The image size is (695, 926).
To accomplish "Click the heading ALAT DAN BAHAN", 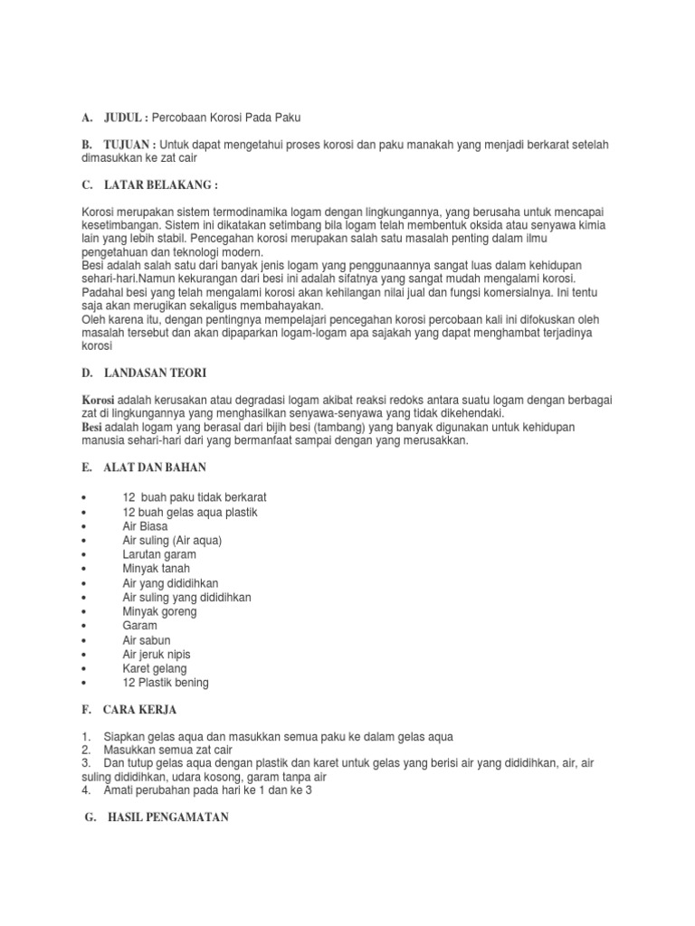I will (155, 468).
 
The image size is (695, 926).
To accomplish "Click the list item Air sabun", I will (147, 639).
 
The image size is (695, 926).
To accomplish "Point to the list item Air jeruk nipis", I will (157, 654).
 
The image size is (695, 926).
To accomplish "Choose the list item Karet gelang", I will (155, 668).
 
